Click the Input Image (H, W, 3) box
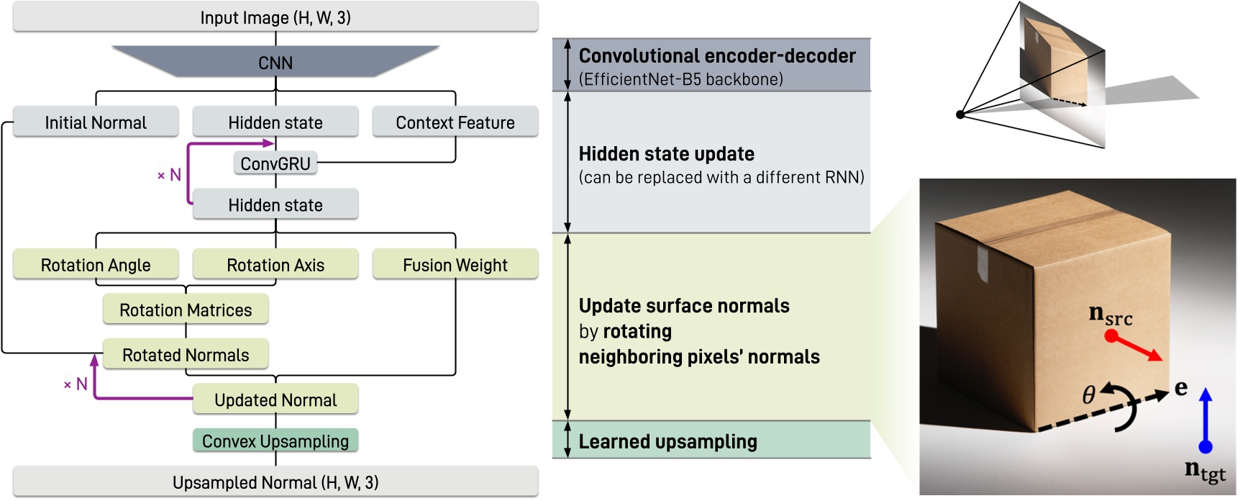(275, 17)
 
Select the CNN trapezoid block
(275, 63)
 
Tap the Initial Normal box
(96, 122)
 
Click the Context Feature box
(455, 122)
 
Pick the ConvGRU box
(275, 163)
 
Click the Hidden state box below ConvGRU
(275, 205)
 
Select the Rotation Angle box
(96, 265)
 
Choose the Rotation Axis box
(275, 265)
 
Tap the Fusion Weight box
(455, 265)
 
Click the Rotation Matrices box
(186, 310)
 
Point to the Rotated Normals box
(186, 355)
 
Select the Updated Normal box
(275, 400)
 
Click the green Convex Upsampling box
(275, 441)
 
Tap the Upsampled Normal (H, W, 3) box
(275, 482)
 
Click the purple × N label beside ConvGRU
(170, 175)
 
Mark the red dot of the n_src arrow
(1111, 336)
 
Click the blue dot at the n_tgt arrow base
(1206, 447)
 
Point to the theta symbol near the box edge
(1089, 394)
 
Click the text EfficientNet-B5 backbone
(680, 79)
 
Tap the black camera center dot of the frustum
(960, 114)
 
